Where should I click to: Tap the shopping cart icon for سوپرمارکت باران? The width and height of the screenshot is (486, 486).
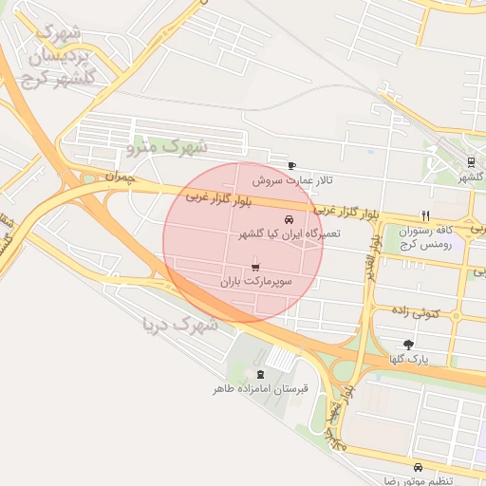[x=255, y=268]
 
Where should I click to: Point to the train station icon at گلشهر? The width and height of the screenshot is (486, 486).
[x=471, y=162]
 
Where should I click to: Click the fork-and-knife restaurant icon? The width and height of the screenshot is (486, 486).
[x=426, y=215]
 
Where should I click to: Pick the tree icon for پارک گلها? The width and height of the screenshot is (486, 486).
[x=408, y=346]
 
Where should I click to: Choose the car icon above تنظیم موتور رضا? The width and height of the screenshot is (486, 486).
[x=418, y=467]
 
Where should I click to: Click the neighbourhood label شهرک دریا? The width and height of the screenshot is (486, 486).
[x=179, y=326]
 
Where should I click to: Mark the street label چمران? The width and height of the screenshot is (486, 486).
[x=121, y=177]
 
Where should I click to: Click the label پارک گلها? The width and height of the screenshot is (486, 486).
[x=409, y=360]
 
